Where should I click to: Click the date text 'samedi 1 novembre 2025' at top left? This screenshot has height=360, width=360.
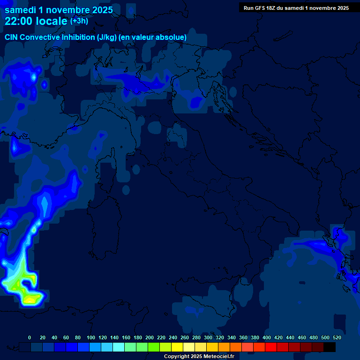(x=59, y=9)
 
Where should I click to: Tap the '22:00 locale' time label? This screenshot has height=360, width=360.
(x=37, y=21)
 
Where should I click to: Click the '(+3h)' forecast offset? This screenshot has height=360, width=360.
(x=79, y=21)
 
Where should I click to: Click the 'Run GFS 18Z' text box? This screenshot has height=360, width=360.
(x=296, y=7)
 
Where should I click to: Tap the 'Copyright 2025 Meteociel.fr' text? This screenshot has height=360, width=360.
(x=199, y=356)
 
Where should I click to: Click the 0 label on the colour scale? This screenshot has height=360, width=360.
(x=30, y=337)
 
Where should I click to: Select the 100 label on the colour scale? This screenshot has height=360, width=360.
(x=91, y=337)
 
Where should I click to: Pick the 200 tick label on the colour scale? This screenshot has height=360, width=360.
(x=150, y=337)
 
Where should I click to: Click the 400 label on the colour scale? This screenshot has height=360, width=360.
(x=266, y=337)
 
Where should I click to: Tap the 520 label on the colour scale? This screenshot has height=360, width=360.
(x=337, y=337)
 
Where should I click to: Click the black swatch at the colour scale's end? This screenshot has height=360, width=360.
(x=330, y=347)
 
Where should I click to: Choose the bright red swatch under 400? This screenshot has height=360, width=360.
(x=271, y=347)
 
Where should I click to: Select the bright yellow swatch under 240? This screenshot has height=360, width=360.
(x=177, y=347)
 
